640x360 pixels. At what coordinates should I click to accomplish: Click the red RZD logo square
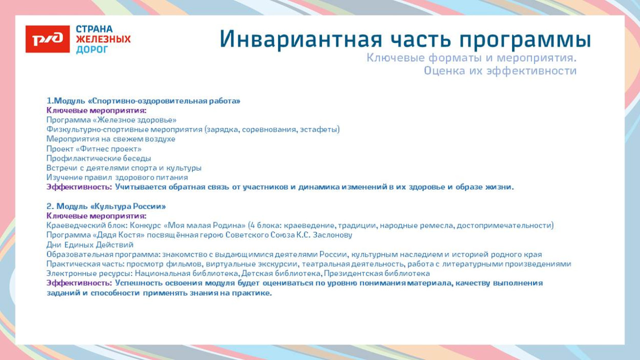[x=48, y=39]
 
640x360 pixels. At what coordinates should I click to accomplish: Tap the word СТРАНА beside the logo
[x=94, y=29]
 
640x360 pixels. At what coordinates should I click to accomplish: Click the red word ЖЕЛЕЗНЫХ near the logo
[x=103, y=39]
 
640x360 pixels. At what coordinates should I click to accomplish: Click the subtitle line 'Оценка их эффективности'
[x=500, y=71]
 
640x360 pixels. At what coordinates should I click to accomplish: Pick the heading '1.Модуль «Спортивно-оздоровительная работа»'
[x=143, y=101]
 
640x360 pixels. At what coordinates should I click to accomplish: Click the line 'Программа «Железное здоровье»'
[x=111, y=120]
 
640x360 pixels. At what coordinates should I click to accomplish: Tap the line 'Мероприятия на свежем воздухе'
[x=111, y=139]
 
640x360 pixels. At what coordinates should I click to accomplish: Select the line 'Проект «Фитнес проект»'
[x=94, y=149]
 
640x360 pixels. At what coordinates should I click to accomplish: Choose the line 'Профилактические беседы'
[x=98, y=158]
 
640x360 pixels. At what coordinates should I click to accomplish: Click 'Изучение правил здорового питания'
[x=117, y=177]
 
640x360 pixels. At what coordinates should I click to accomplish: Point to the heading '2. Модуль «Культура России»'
[x=106, y=206]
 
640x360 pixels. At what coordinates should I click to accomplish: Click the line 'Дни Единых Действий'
[x=90, y=245]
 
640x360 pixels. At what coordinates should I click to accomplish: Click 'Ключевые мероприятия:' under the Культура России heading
[x=96, y=216]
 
